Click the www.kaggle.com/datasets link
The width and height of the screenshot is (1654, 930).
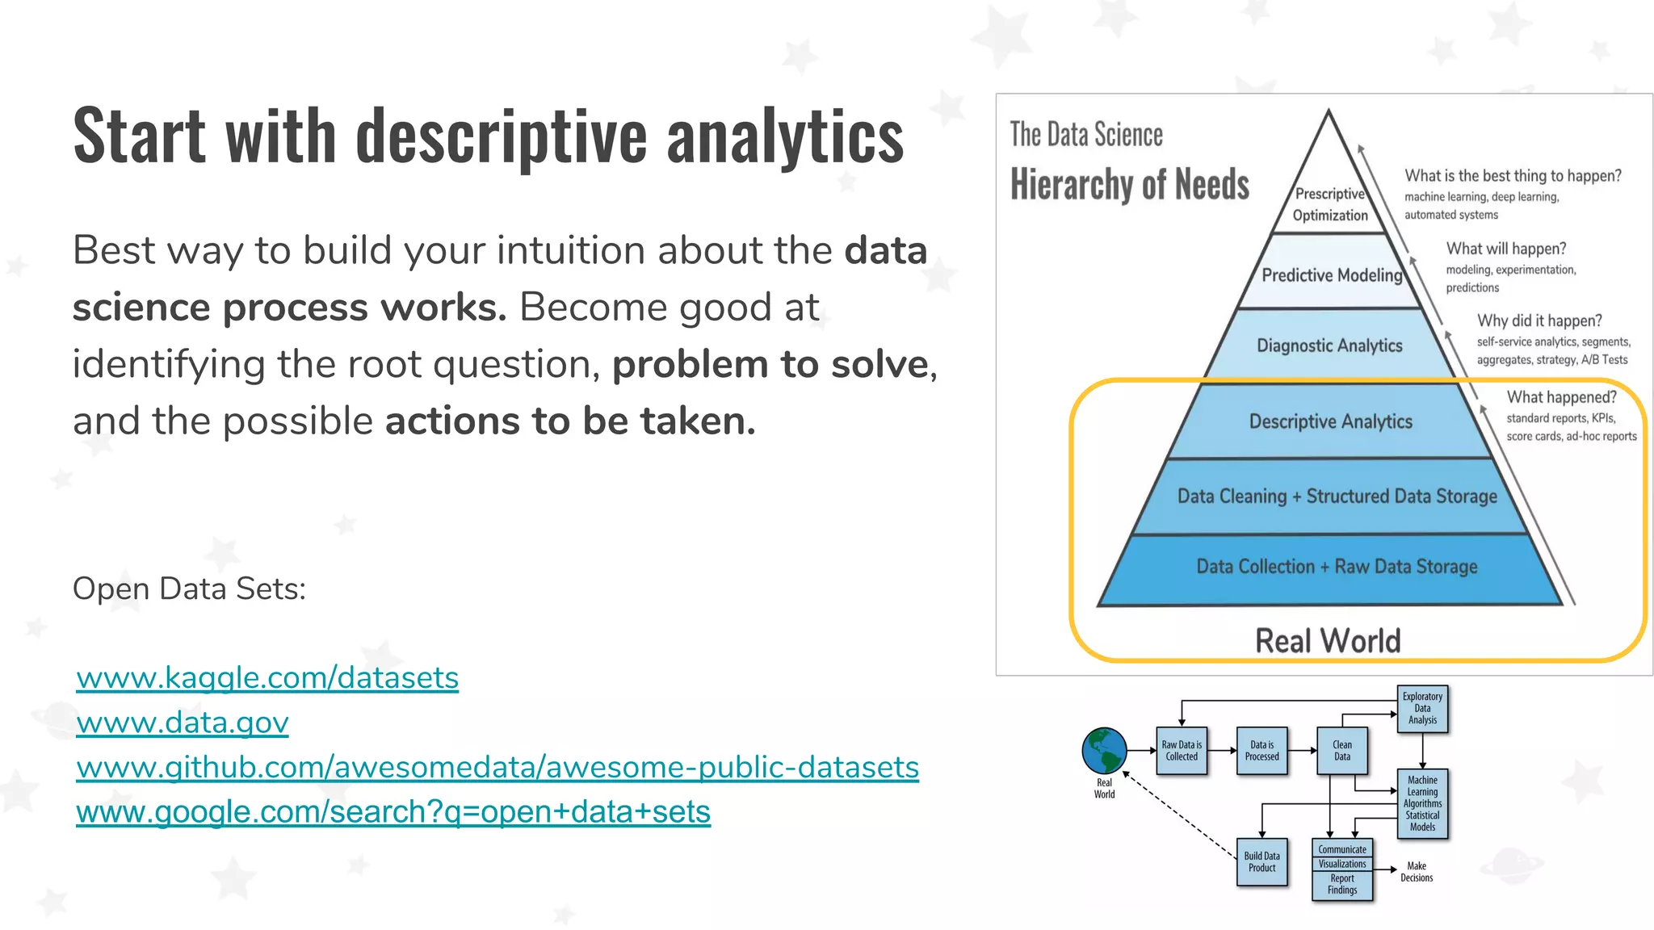coord(267,677)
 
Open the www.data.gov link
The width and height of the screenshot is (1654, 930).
coord(183,722)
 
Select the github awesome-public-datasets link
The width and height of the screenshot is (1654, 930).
coord(497,767)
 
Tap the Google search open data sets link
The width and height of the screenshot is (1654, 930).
coord(393,811)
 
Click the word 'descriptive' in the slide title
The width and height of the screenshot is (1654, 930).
coord(502,136)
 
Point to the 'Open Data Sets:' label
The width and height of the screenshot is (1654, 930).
coord(189,589)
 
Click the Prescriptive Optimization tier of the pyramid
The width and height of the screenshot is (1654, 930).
coord(1330,204)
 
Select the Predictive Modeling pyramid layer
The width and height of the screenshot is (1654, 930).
coord(1332,275)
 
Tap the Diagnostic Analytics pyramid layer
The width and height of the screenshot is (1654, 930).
coord(1329,346)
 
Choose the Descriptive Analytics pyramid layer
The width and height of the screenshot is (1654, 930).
coord(1330,421)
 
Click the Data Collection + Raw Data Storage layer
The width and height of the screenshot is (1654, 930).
coord(1337,567)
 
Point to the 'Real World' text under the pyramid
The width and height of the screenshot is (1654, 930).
coord(1328,641)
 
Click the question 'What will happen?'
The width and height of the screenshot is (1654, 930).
coord(1505,249)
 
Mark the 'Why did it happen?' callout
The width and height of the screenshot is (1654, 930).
coord(1539,320)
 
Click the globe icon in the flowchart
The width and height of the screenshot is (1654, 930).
coord(1104,750)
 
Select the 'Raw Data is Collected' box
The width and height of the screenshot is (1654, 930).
coord(1182,751)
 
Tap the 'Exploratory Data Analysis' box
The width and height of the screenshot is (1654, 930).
coord(1422,708)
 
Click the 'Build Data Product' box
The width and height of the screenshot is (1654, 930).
coord(1261,862)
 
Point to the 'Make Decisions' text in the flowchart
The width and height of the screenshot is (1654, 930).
coord(1417,872)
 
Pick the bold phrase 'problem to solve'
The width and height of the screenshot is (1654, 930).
coord(770,364)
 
